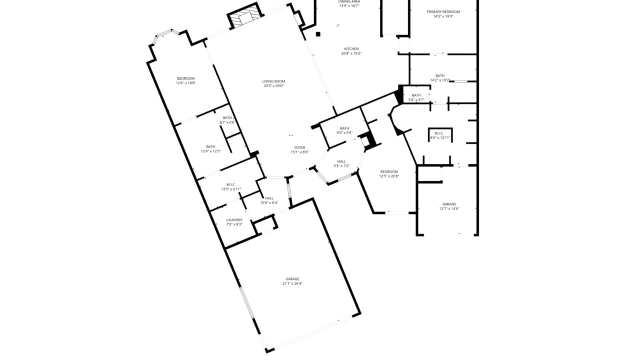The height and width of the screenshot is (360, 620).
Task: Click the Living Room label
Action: [273, 81]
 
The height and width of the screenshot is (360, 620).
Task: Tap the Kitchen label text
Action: [351, 49]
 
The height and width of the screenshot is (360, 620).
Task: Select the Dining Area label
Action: [349, 2]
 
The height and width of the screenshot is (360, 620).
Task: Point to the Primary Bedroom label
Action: [443, 11]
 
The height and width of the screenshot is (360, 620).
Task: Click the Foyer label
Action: [299, 147]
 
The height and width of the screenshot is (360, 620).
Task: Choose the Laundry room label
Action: [234, 220]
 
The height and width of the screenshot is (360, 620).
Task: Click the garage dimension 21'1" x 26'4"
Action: [292, 283]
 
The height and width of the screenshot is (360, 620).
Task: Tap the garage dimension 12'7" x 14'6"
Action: [449, 208]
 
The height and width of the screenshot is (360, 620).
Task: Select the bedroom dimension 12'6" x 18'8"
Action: [185, 83]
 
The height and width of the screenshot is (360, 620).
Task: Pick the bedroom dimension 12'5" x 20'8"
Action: [388, 176]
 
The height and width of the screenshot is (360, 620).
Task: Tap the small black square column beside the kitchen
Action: [318, 34]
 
